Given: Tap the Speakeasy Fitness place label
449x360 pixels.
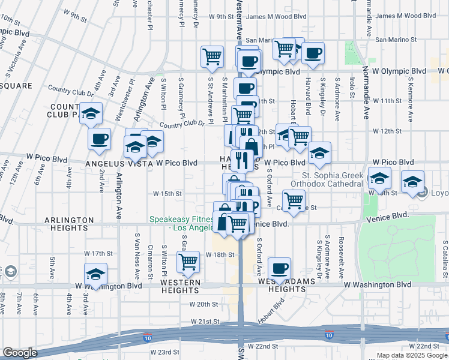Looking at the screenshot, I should [x=182, y=224].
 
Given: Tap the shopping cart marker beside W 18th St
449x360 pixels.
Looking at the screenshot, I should [x=188, y=262].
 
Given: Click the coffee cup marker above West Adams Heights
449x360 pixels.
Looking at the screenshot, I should [x=279, y=268].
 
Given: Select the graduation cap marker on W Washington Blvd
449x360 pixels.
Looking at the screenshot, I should [x=95, y=274].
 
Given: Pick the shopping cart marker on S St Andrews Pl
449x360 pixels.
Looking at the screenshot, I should [x=212, y=56].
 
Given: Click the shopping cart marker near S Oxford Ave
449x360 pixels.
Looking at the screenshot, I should [x=294, y=200].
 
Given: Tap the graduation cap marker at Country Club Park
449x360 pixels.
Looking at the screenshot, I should [x=91, y=113].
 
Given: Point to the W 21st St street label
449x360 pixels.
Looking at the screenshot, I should [x=206, y=322].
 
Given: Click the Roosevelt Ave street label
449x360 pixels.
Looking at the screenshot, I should [x=340, y=257].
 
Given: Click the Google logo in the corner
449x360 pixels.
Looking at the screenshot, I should [x=20, y=353].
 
